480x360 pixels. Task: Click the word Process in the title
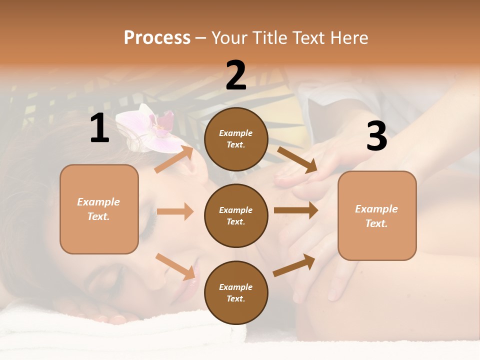(x=157, y=37)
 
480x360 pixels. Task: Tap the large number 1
(x=99, y=128)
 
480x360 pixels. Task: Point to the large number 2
(x=236, y=75)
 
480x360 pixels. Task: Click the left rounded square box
(x=99, y=209)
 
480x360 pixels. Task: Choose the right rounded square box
(x=377, y=215)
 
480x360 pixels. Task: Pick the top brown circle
(x=236, y=139)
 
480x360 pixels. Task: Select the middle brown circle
(x=236, y=215)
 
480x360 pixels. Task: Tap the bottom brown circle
(x=236, y=292)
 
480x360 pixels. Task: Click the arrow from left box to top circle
(x=174, y=159)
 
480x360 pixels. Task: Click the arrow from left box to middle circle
(x=175, y=211)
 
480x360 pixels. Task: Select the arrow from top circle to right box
(x=297, y=160)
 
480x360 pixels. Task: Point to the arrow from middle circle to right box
(x=295, y=210)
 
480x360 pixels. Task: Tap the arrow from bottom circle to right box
(x=294, y=265)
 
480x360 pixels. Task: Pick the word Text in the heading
(x=310, y=37)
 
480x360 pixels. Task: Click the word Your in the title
(x=230, y=37)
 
